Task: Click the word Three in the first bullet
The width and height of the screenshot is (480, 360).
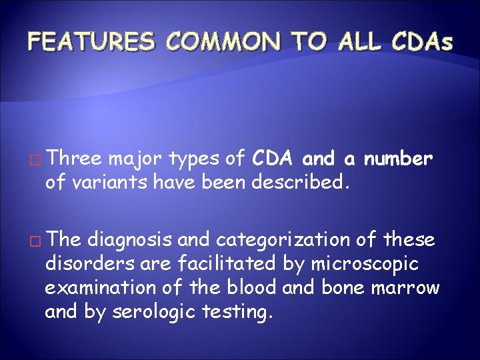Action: (75, 159)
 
